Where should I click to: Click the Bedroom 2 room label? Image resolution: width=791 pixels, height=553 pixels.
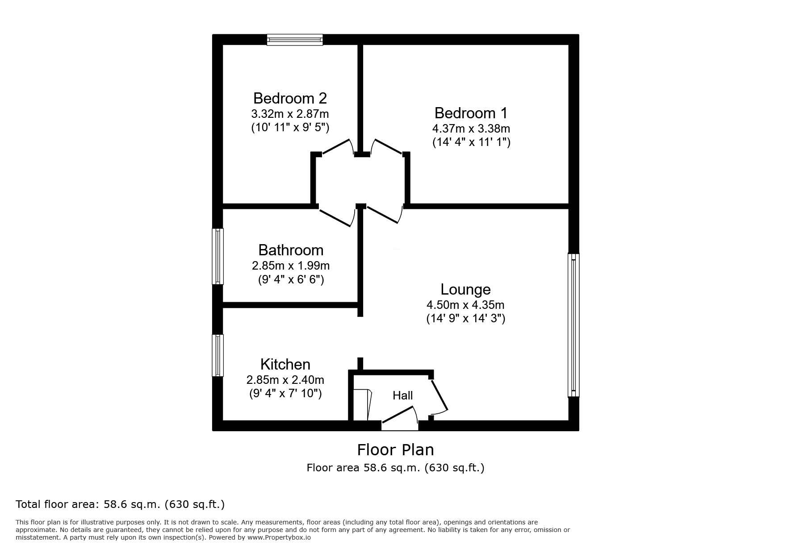(x=290, y=98)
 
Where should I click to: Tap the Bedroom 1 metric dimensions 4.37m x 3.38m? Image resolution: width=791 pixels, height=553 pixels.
(x=471, y=129)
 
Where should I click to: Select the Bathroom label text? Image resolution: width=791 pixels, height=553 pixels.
(x=291, y=250)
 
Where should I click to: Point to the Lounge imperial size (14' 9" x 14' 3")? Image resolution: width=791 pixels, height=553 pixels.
(x=465, y=319)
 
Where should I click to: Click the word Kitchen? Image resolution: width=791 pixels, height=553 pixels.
(x=285, y=364)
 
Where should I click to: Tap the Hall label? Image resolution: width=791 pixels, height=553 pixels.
(x=402, y=395)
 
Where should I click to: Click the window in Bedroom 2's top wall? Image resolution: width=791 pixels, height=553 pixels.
(x=295, y=40)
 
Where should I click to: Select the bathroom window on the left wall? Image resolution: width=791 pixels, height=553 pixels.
(x=218, y=256)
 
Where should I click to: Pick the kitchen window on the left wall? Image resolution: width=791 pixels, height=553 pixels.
(x=218, y=355)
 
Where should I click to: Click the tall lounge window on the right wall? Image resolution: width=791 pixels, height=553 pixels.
(x=573, y=325)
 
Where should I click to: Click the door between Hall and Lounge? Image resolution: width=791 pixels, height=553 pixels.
(x=439, y=396)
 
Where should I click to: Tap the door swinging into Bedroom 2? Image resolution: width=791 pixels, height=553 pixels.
(x=339, y=147)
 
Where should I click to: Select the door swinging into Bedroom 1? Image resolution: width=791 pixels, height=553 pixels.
(x=387, y=147)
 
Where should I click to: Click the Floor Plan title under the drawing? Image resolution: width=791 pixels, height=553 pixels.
(x=395, y=449)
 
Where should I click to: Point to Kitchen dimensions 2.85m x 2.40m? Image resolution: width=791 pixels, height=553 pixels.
(x=285, y=380)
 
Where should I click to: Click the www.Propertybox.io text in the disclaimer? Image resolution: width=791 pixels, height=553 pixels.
(x=279, y=538)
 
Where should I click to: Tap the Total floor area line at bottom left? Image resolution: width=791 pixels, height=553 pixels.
(x=120, y=504)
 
